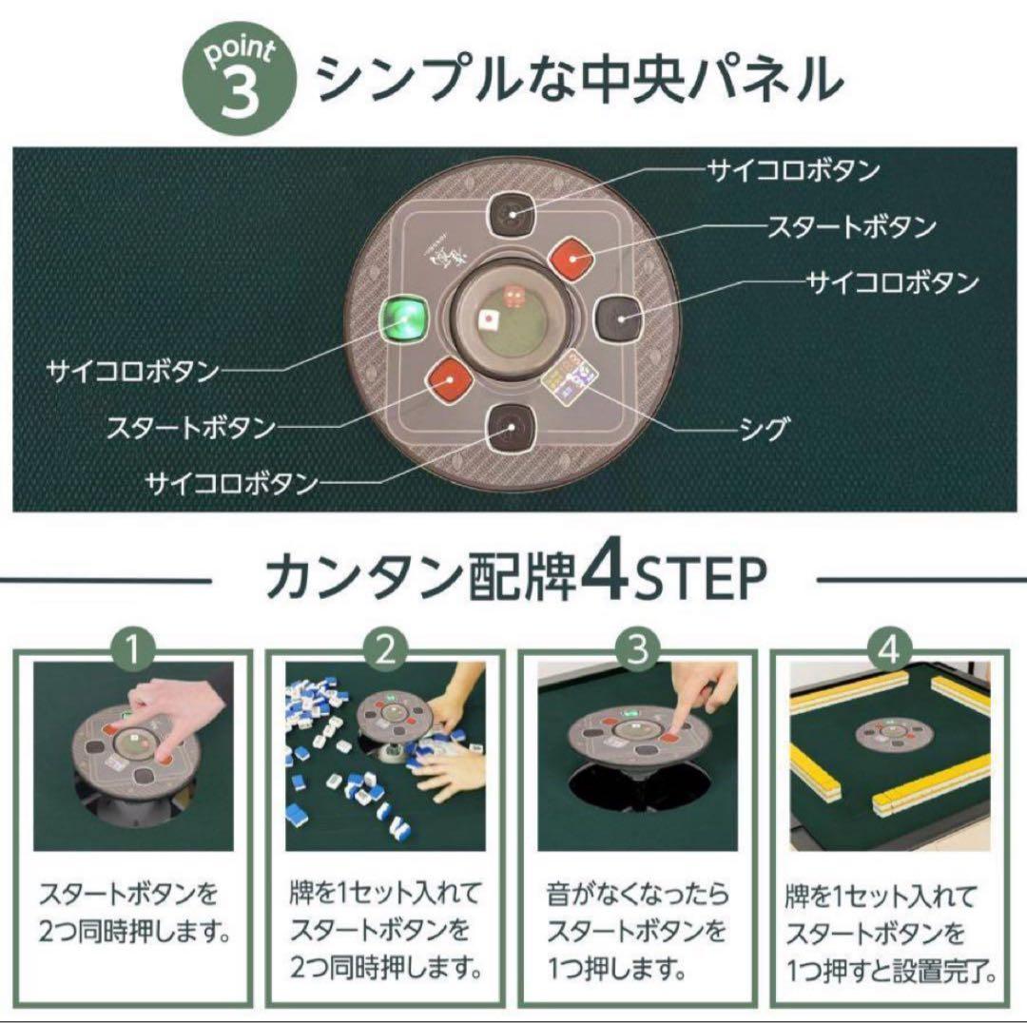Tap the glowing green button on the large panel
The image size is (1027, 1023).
pos(405,317)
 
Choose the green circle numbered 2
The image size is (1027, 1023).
pos(385,650)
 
